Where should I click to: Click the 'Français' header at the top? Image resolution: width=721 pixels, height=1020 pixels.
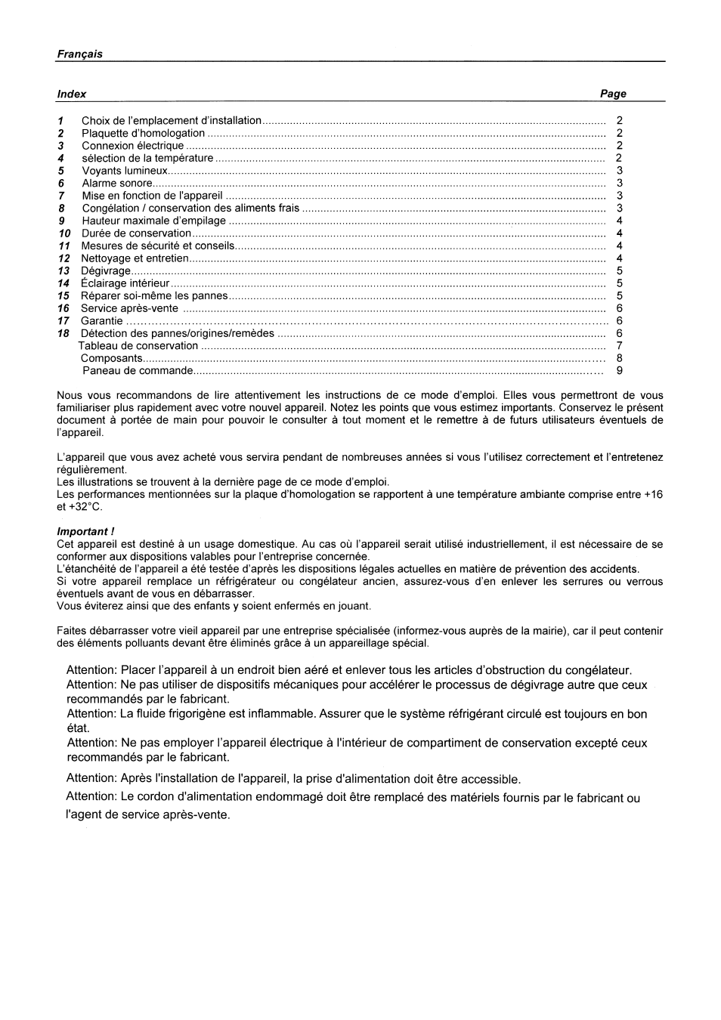[79, 54]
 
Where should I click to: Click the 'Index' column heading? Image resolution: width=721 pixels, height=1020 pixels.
[71, 94]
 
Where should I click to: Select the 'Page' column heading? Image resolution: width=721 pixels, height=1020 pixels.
[613, 94]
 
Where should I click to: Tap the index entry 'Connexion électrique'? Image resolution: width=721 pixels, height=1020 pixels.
[132, 146]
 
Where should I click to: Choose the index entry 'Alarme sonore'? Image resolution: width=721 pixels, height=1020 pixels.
[117, 184]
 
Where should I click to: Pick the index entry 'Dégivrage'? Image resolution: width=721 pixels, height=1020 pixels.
[105, 270]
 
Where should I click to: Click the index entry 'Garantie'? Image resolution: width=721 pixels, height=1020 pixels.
[101, 321]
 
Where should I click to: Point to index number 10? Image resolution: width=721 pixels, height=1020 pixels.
[64, 233]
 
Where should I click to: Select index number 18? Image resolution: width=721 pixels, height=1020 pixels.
[63, 333]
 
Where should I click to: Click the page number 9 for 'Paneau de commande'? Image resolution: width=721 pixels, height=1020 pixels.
[620, 371]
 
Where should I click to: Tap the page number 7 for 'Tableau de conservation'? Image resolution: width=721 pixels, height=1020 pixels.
[620, 346]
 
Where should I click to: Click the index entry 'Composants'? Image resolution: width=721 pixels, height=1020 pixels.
[111, 359]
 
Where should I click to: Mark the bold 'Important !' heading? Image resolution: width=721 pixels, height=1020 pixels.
[85, 532]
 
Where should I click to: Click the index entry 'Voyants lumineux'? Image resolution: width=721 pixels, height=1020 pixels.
[124, 171]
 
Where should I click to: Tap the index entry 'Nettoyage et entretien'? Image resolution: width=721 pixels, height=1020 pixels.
[135, 258]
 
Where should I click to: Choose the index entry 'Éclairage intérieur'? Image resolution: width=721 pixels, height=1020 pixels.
[125, 283]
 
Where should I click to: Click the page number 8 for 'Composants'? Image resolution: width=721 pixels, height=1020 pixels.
[620, 359]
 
